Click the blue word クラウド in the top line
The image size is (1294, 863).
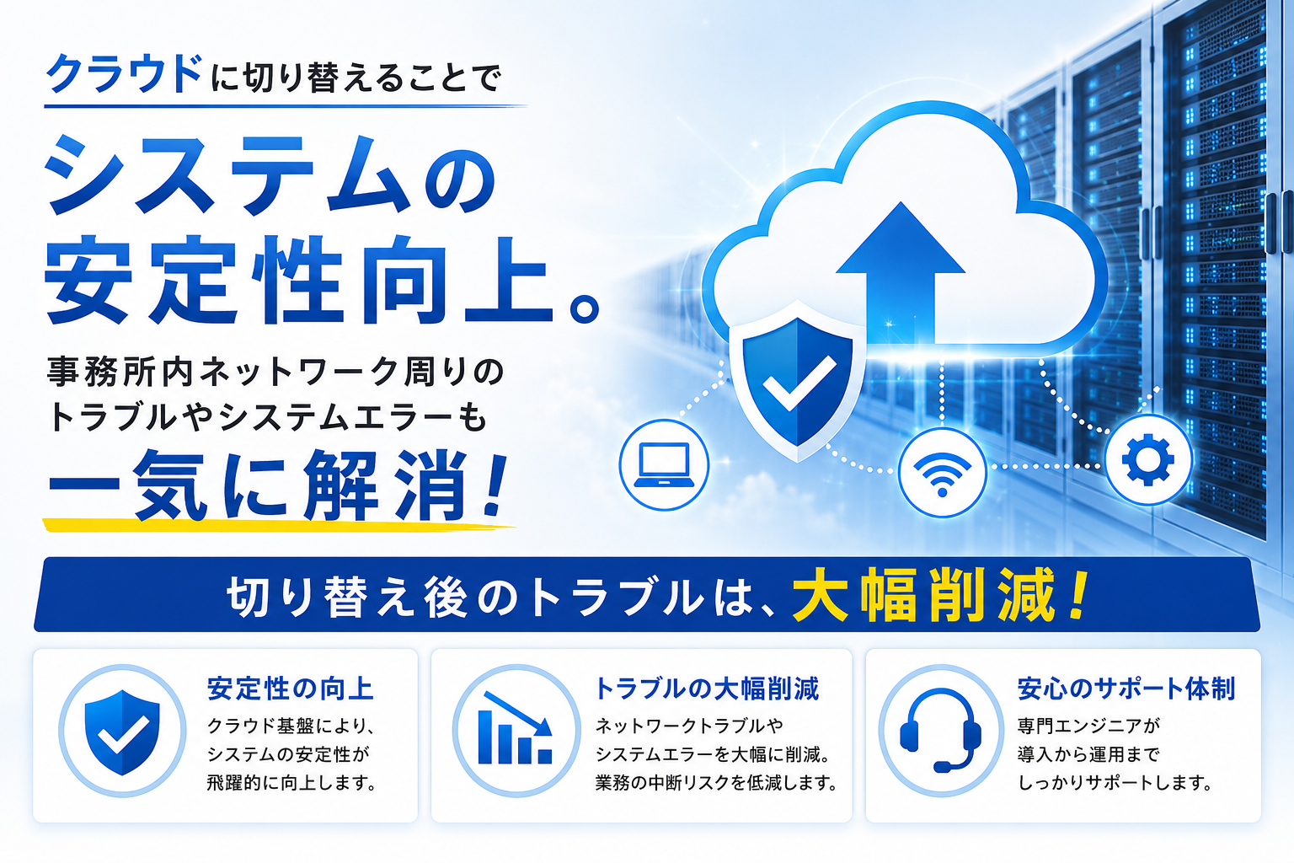click(x=124, y=74)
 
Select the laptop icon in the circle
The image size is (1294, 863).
click(x=665, y=464)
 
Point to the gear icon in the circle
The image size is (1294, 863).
click(x=1148, y=459)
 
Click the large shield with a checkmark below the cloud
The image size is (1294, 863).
click(x=798, y=382)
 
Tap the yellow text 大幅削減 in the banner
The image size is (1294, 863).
click(x=924, y=595)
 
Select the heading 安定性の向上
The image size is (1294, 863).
click(x=291, y=689)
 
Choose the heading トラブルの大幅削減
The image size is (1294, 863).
click(x=707, y=689)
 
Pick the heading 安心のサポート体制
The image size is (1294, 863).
click(x=1126, y=689)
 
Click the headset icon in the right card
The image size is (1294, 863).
click(x=941, y=731)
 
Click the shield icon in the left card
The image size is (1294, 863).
click(x=122, y=732)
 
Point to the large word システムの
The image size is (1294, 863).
click(x=270, y=174)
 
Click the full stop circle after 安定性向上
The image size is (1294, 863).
click(x=586, y=308)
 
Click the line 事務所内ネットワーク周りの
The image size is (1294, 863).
click(x=276, y=372)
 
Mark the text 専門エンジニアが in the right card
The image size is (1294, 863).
click(x=1089, y=726)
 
